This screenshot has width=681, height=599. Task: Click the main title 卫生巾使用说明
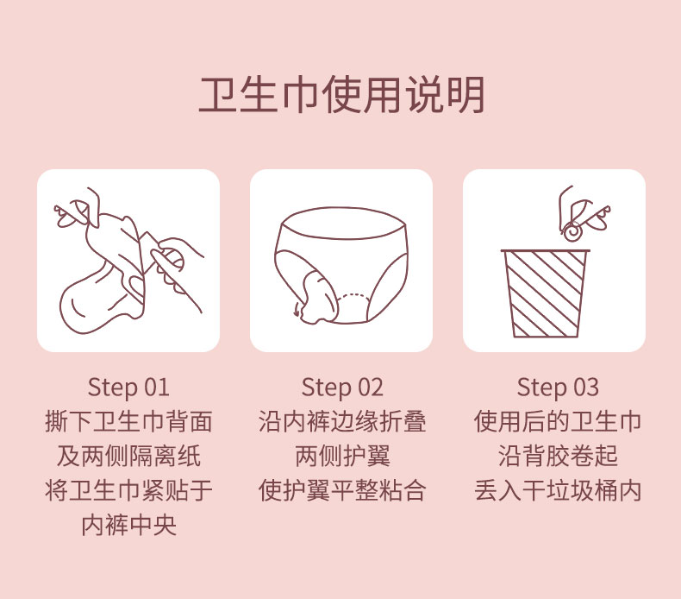tap(341, 95)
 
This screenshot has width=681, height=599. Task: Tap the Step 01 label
tap(128, 388)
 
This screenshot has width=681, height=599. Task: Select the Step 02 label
tap(342, 388)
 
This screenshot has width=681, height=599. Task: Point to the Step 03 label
tap(558, 388)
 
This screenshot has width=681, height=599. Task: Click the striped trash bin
tap(546, 293)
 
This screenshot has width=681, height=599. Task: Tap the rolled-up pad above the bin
tap(572, 230)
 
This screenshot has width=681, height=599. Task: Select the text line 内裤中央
tap(128, 525)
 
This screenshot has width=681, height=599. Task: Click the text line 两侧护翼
tap(342, 456)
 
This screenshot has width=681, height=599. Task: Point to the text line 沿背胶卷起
tap(558, 456)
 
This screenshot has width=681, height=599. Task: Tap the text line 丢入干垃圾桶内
tap(558, 491)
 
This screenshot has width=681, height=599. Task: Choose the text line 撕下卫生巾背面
tap(128, 421)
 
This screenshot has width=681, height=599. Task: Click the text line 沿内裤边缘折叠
tap(342, 421)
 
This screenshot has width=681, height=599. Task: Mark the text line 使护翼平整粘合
tap(342, 491)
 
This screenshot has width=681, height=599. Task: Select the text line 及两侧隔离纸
tap(128, 456)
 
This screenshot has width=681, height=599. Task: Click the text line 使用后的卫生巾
tap(558, 421)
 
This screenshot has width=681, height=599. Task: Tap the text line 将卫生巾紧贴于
tap(128, 491)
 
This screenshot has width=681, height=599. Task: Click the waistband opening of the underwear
tap(343, 223)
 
